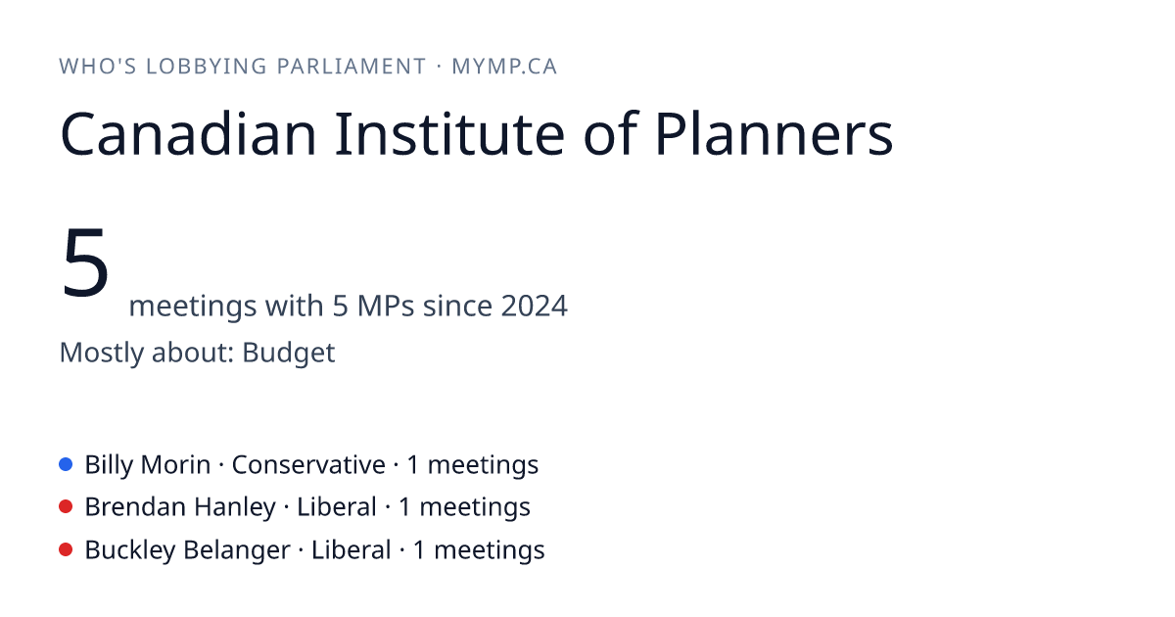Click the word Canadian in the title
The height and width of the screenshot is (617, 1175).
click(188, 133)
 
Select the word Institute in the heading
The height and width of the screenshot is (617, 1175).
click(449, 133)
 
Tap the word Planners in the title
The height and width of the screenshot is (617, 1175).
click(774, 133)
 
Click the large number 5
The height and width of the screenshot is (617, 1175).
click(85, 262)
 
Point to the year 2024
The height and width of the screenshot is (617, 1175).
click(534, 306)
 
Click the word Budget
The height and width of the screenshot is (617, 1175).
click(289, 353)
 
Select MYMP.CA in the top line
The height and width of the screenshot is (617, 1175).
click(504, 67)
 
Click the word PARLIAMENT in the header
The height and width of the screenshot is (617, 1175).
click(352, 67)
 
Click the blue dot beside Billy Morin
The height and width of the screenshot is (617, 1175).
click(66, 464)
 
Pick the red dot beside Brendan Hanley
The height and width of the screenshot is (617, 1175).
click(66, 507)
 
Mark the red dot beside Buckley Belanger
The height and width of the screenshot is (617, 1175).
click(66, 549)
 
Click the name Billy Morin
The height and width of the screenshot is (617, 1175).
click(148, 465)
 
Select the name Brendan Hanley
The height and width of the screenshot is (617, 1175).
click(180, 507)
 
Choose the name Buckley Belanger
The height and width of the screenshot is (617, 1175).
click(188, 550)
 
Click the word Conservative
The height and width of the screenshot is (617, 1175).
click(308, 465)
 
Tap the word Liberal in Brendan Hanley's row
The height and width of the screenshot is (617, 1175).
click(337, 507)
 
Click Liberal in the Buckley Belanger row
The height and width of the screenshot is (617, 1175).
click(352, 550)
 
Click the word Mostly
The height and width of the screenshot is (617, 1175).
click(102, 353)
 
